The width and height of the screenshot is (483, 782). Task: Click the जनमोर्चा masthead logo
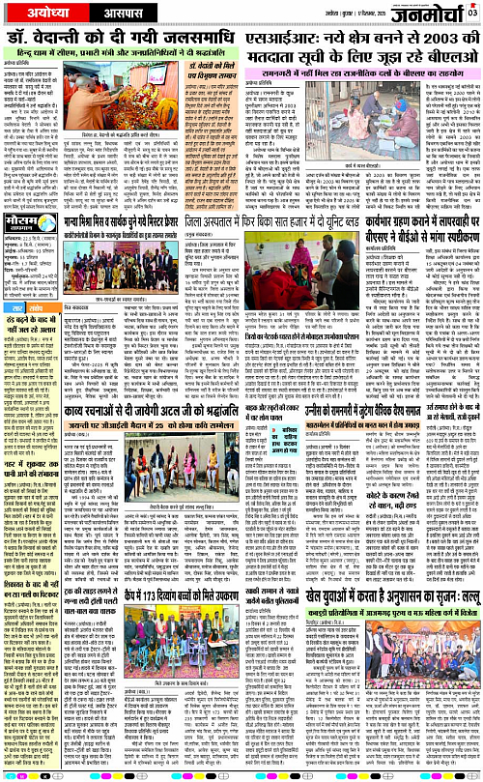pos(438,14)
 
